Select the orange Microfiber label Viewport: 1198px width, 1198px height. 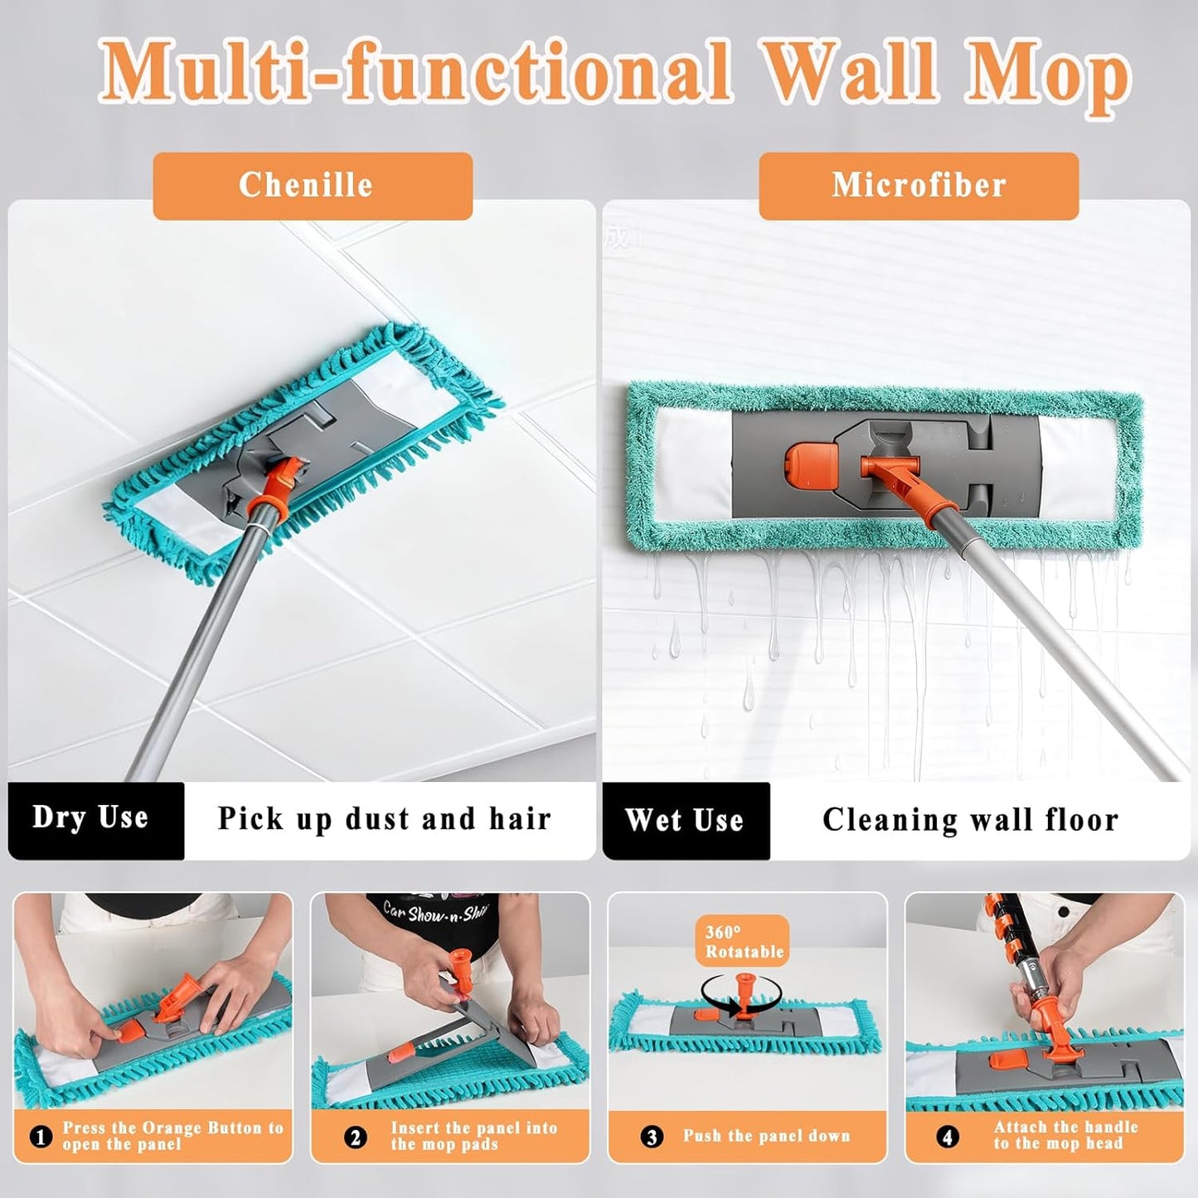click(x=919, y=186)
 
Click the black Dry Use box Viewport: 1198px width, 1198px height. click(x=95, y=821)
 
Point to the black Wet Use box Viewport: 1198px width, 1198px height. click(x=686, y=821)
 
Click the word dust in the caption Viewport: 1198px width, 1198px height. click(x=379, y=819)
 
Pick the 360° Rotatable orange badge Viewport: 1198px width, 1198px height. click(x=743, y=941)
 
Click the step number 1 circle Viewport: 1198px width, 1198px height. click(x=41, y=1137)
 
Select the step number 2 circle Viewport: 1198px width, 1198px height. click(x=355, y=1137)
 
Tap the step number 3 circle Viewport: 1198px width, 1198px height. click(x=652, y=1137)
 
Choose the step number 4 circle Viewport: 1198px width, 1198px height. click(x=948, y=1137)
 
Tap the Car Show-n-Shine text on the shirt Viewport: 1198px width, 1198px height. click(x=434, y=912)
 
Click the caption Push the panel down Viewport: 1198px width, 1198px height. click(x=767, y=1136)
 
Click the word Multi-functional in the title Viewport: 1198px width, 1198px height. click(x=414, y=73)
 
